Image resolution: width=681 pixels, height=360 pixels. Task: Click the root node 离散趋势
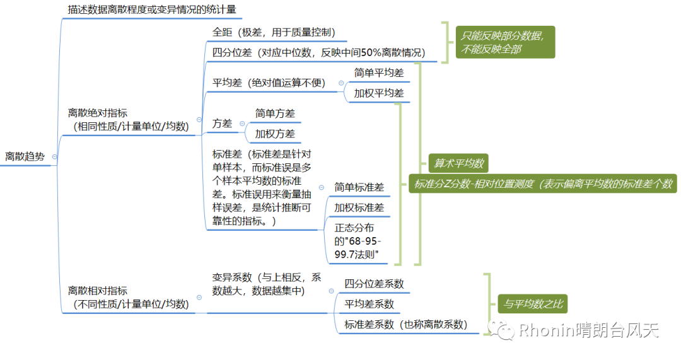[25, 156]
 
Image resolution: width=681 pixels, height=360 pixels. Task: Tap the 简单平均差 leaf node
[378, 73]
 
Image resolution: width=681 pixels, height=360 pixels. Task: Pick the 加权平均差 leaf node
[378, 93]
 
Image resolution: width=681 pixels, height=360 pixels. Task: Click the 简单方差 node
[275, 113]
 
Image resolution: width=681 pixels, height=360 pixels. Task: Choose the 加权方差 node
[275, 134]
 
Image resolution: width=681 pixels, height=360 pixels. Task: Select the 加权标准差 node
[359, 207]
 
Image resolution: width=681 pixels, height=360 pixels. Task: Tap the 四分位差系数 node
[374, 284]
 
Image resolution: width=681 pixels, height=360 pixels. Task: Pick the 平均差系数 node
[369, 304]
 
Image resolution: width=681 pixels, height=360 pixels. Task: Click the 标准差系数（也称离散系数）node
[405, 325]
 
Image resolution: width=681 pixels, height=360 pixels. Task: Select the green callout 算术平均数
[458, 163]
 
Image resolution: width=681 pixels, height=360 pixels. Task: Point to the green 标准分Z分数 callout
[543, 183]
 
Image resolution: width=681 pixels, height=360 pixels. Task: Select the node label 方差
[222, 124]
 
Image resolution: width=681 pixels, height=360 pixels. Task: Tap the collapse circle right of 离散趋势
[55, 156]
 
